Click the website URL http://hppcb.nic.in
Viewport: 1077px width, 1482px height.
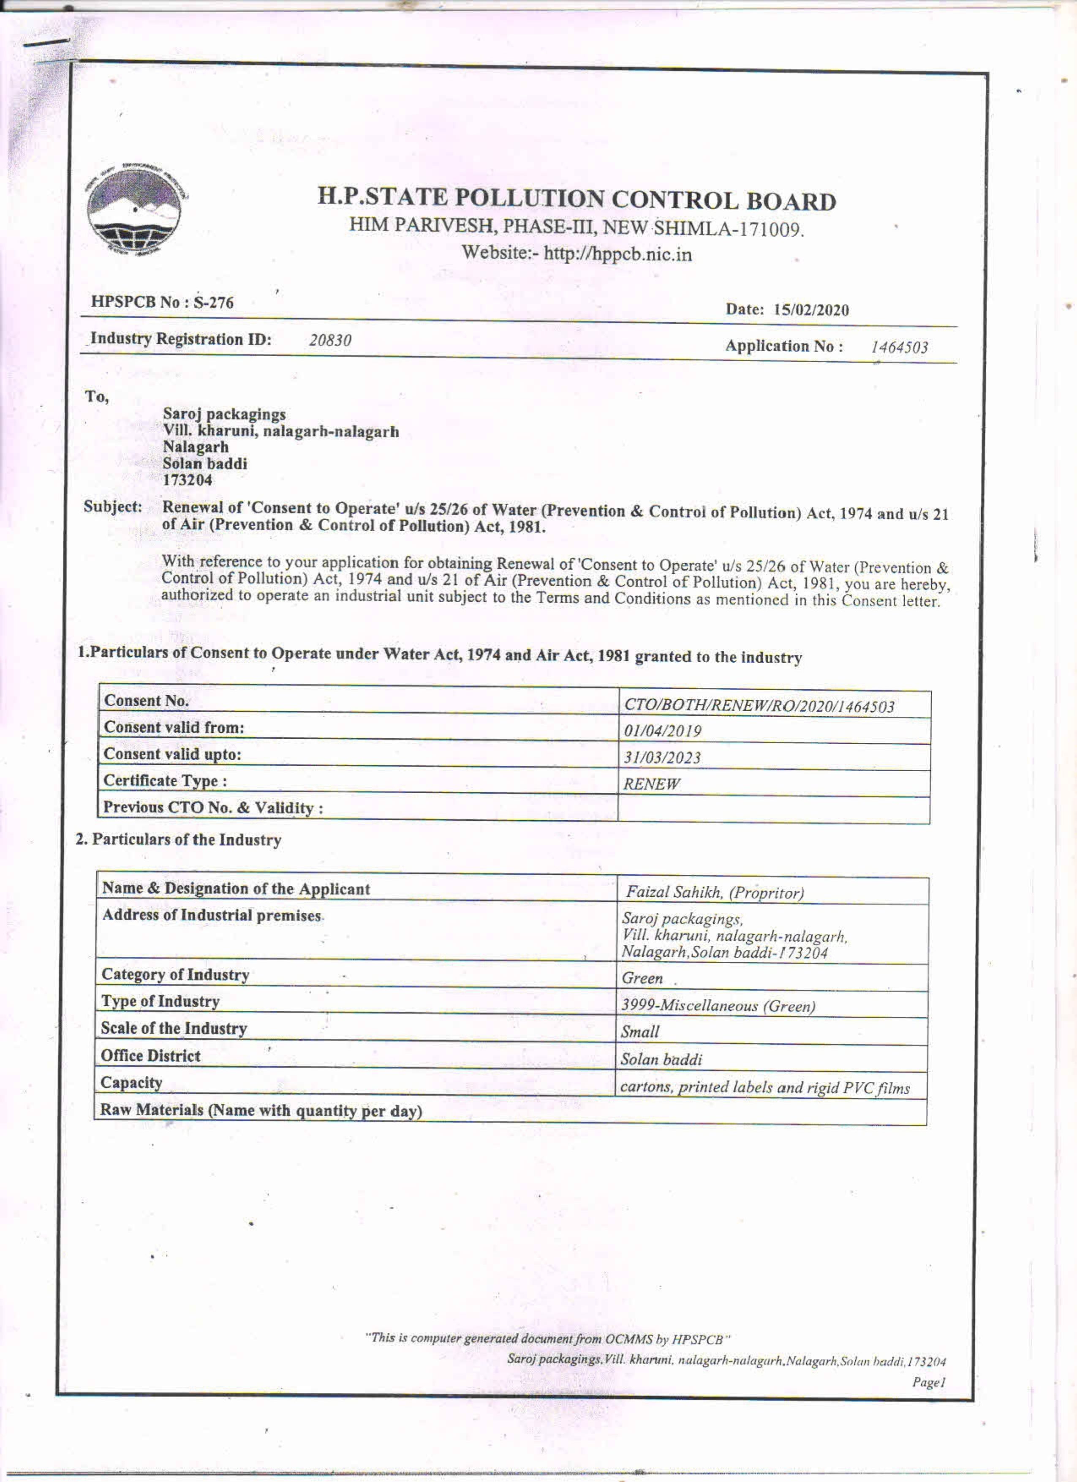(x=617, y=254)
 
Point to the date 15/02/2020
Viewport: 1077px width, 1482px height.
(x=811, y=310)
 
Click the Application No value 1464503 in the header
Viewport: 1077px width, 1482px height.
(x=899, y=348)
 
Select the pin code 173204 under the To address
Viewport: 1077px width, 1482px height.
(x=188, y=480)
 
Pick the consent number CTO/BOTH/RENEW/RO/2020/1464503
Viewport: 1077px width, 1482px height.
(x=759, y=706)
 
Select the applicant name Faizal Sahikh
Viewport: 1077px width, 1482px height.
(x=673, y=892)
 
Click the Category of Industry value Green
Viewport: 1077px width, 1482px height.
(x=642, y=978)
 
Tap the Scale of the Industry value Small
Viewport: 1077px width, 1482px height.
(x=640, y=1032)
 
